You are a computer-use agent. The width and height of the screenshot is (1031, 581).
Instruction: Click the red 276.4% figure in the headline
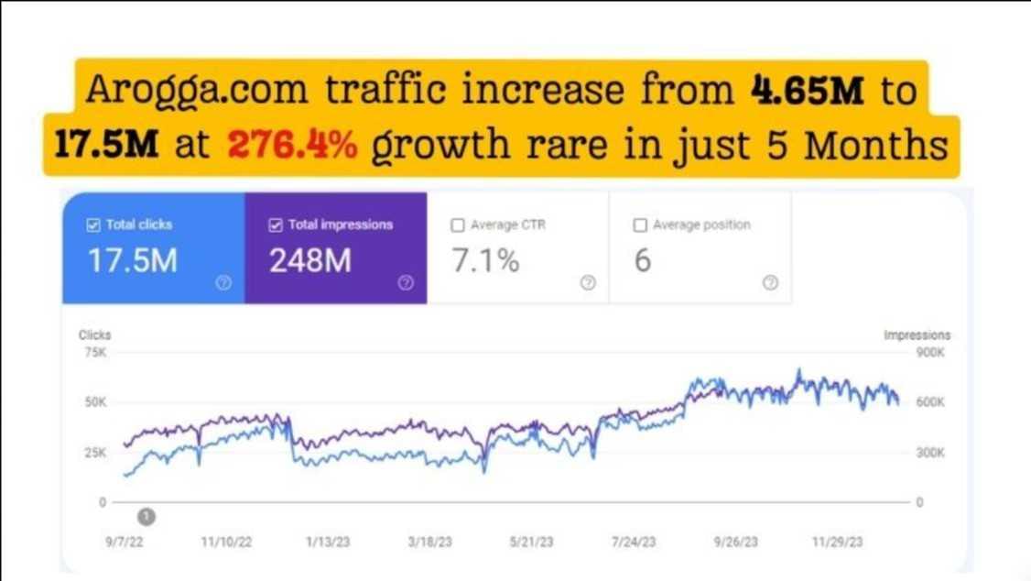click(290, 145)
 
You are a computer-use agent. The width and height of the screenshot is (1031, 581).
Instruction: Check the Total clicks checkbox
click(92, 225)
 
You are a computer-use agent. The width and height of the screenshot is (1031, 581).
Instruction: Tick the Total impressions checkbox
click(276, 225)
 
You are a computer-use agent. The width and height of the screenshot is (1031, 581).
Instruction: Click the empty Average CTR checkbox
click(458, 225)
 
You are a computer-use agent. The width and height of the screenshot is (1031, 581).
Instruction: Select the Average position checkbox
click(640, 225)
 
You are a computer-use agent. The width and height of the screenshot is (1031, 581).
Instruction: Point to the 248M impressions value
click(310, 261)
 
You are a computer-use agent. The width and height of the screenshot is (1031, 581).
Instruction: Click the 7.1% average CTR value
click(486, 261)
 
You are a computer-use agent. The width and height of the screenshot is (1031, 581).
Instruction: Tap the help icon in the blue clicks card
click(223, 283)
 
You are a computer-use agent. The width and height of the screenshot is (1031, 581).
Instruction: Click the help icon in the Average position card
click(770, 283)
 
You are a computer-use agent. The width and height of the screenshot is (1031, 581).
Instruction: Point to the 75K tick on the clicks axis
click(95, 353)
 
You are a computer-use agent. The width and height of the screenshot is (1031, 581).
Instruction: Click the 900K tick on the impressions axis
click(930, 353)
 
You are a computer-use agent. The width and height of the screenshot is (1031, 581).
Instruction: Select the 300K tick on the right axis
click(930, 453)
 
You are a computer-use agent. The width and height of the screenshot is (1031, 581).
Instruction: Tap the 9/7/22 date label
click(125, 543)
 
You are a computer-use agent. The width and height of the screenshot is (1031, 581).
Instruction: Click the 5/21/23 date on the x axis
click(532, 543)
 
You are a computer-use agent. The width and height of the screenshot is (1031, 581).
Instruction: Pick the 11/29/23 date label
click(837, 543)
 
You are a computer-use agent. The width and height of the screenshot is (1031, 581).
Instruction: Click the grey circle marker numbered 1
click(146, 517)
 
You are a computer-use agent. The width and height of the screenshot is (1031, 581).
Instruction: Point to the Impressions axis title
click(917, 335)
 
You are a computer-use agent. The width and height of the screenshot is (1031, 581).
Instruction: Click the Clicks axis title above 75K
click(94, 335)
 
